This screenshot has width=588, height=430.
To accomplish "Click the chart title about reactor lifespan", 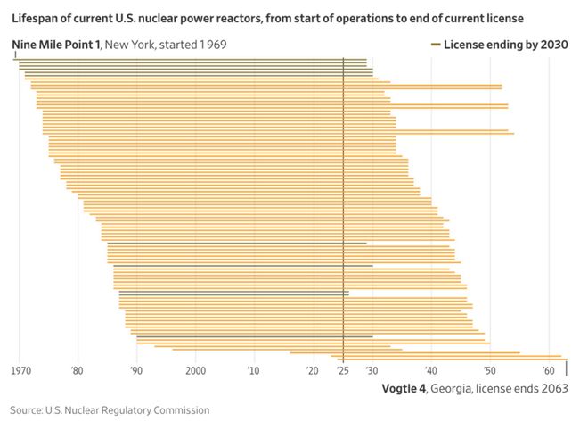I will pos(267,17).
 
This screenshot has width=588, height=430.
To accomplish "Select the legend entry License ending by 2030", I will pos(505,45).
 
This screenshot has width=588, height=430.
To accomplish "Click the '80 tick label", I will pos(78,369).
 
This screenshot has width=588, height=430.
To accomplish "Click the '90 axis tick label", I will pos(136,369).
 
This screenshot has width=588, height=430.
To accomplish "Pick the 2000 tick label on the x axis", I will pos(195,369).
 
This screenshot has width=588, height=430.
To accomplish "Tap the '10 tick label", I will pos(254,369).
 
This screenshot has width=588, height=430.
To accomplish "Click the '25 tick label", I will pos(343,369).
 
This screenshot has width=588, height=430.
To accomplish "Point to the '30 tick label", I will pos(372,369).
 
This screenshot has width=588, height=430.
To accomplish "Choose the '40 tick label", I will pos(430,369).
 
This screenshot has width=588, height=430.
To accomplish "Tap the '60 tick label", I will pos(547,369).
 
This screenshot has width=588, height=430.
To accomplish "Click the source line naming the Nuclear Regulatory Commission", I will pos(110,410).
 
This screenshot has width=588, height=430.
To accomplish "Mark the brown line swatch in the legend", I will pos(435,45).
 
